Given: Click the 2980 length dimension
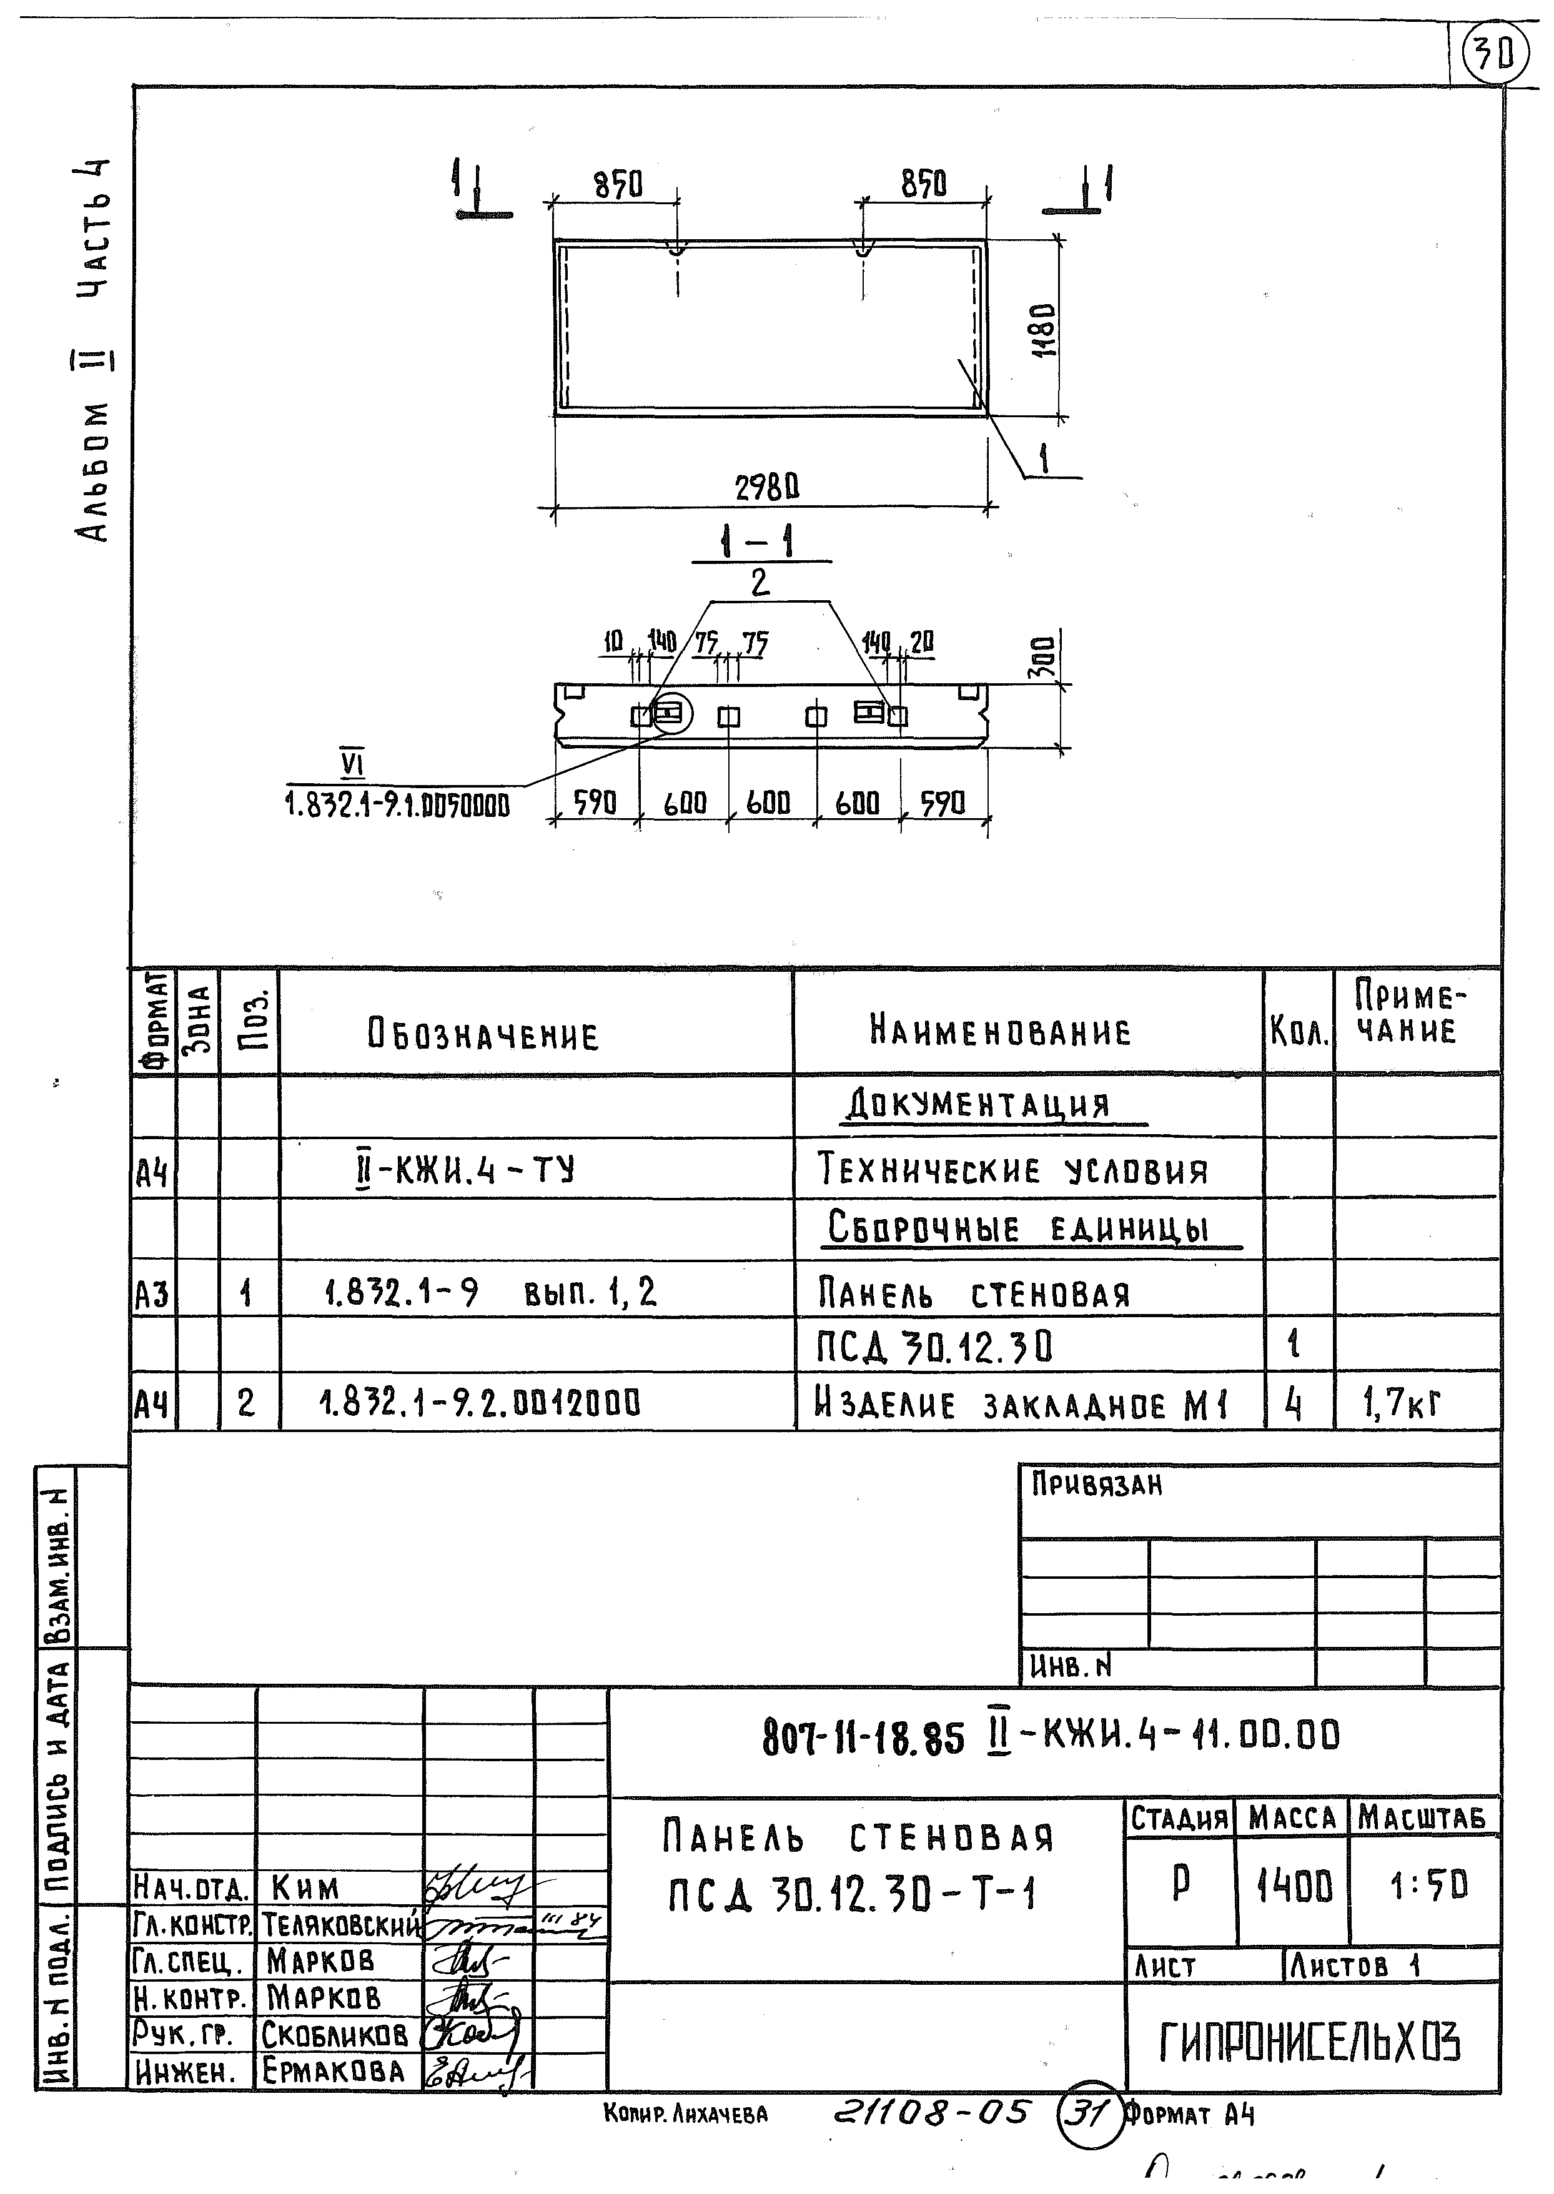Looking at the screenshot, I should coord(766,489).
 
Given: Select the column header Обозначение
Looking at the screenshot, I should coord(483,1035).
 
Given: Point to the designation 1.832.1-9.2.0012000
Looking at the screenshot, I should coord(480,1404).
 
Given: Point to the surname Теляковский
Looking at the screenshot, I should coord(340,1924).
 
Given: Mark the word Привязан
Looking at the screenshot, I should coord(1097,1485).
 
